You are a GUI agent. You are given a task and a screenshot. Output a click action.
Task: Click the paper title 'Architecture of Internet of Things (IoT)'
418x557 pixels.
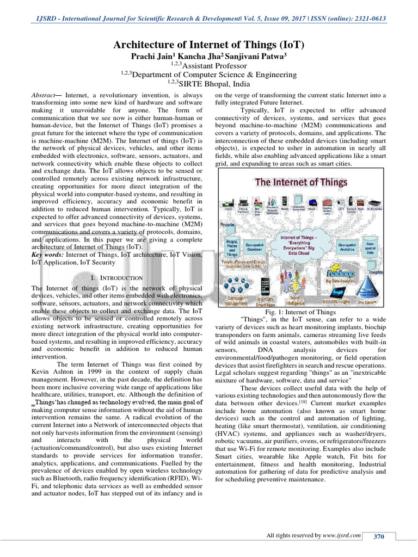(208, 44)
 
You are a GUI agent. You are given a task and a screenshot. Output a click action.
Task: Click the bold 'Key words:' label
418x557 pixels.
(47, 255)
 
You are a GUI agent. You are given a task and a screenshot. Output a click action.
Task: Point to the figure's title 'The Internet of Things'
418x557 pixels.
(301, 183)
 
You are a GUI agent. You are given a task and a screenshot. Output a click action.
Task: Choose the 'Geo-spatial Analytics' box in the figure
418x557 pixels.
(348, 247)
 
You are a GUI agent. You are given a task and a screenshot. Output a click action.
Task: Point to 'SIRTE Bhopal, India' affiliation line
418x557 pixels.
(208, 84)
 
